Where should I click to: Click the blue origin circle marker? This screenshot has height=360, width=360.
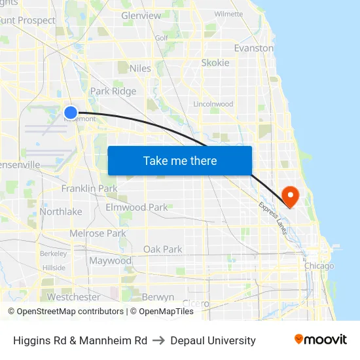coord(71,113)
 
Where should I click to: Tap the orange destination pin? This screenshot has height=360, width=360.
coord(289,196)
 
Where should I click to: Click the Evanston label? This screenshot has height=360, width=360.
coord(254,48)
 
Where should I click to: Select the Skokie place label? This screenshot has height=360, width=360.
coord(215,63)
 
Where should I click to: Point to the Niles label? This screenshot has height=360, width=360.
coord(140,68)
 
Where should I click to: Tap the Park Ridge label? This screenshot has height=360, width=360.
coord(113,91)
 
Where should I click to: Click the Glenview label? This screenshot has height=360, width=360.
coord(141,15)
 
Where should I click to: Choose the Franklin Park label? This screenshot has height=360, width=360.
coord(89,189)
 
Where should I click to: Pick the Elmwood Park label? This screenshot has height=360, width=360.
coord(137,207)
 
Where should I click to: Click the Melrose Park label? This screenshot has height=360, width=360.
coord(98,233)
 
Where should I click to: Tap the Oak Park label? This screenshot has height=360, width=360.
coord(162,249)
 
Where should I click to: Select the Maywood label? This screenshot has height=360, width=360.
coord(110,261)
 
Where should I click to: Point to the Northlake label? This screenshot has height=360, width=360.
coord(61,211)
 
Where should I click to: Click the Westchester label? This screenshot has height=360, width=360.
coord(74,297)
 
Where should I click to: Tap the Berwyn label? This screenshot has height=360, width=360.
coord(158,297)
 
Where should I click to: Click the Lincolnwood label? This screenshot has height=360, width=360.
coord(213,104)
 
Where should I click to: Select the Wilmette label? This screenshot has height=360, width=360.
coord(228,13)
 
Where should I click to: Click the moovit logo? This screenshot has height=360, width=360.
coord(321,340)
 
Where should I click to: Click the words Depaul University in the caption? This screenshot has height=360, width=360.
coord(213,340)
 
